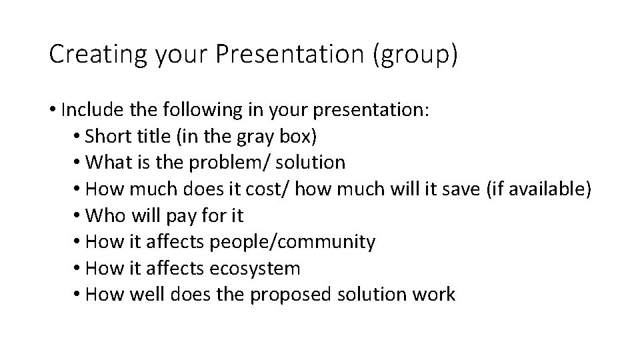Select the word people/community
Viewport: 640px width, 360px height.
pyautogui.click(x=293, y=241)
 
